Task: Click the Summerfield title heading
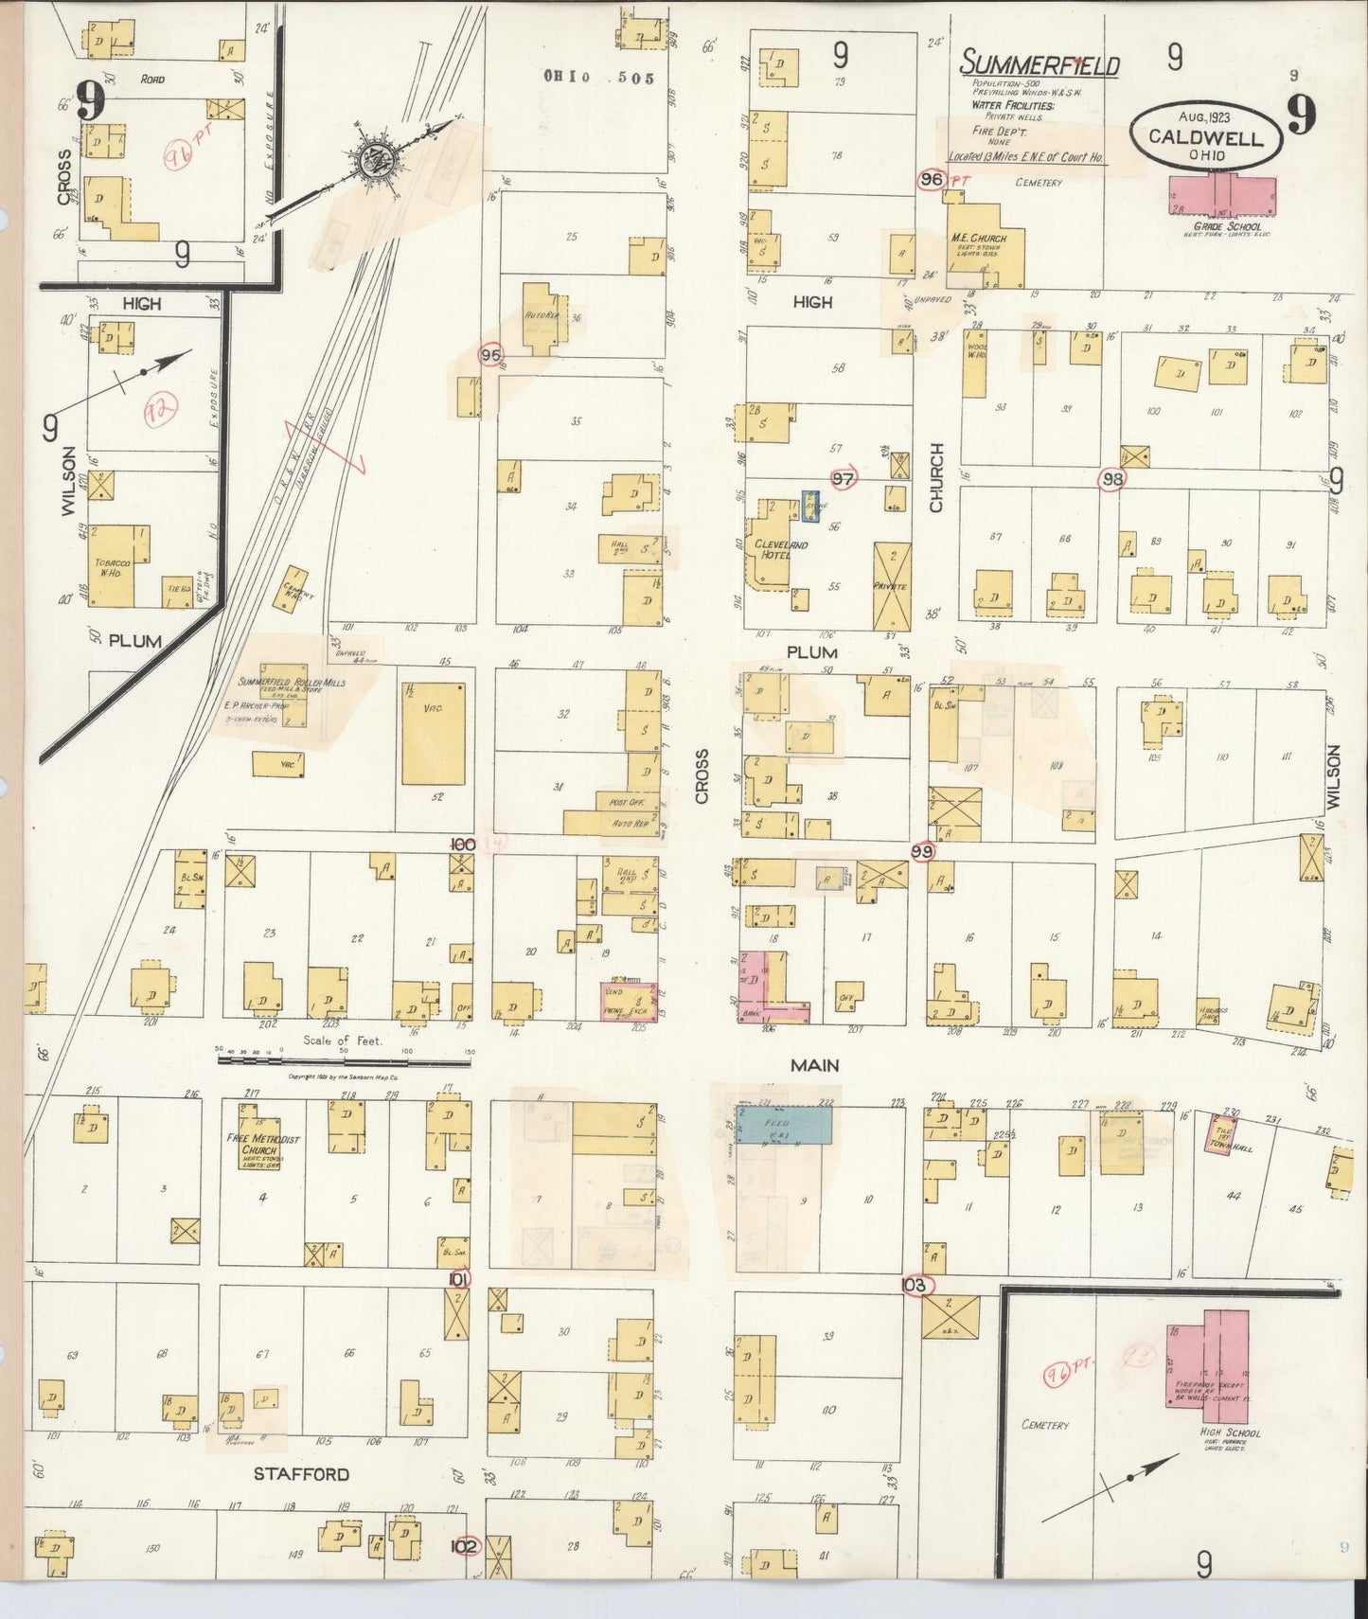coord(1039,64)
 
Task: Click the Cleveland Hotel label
coord(782,550)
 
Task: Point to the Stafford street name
coord(301,1474)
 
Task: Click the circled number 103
coord(915,1286)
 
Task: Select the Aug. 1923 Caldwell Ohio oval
coord(1205,135)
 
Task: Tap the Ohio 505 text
coord(598,78)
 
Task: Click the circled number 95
coord(490,355)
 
